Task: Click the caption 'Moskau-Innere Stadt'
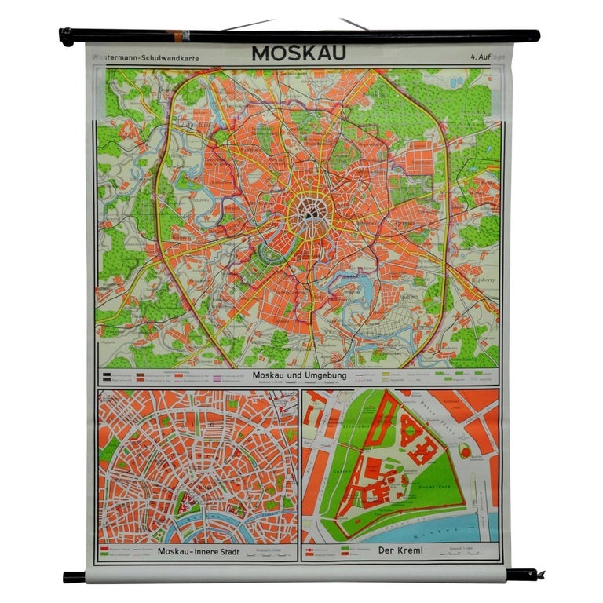(x=196, y=550)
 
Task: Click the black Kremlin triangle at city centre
(x=309, y=210)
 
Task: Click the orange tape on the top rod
(x=181, y=36)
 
